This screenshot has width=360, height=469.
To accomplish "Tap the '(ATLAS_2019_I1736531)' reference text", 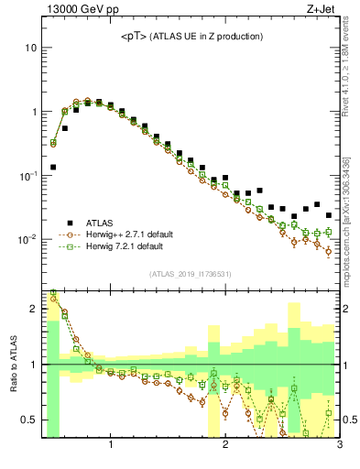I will tap(191, 274).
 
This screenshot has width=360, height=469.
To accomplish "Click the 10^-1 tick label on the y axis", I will tap(27, 176).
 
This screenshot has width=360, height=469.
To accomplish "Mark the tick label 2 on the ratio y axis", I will tap(33, 309).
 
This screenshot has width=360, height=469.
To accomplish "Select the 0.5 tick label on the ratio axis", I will tap(28, 420).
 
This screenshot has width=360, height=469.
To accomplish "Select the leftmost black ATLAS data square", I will tap(53, 168).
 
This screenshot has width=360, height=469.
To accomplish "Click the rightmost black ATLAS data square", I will tap(329, 216).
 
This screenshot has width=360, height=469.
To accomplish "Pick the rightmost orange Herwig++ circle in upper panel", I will tap(329, 250).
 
